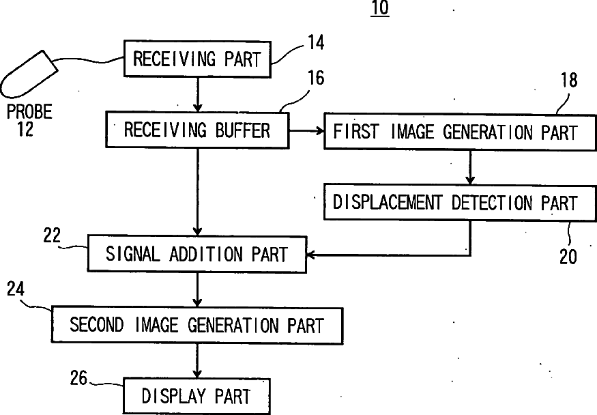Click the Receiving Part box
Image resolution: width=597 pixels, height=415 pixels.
coord(196,59)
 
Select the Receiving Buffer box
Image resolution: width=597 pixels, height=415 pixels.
coord(196,130)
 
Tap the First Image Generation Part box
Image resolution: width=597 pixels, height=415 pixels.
coord(454,132)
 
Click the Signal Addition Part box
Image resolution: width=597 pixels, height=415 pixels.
coord(196,254)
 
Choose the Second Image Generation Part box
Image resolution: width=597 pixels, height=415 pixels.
coord(196,324)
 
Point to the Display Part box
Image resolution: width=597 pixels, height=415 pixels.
coord(196,395)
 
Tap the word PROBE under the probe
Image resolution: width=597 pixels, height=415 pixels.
coord(29,111)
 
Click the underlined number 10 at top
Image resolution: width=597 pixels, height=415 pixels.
coord(379,10)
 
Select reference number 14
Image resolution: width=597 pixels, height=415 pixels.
coord(315,43)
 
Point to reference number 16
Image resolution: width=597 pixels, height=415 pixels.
coord(315,78)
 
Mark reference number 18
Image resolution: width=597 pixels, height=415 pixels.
coord(568,81)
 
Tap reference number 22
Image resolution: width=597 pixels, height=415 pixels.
coord(52,236)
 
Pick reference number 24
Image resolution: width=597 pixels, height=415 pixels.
coord(16,289)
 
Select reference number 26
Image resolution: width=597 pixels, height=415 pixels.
coord(79,377)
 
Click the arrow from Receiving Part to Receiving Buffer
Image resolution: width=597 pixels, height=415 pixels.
coord(196,94)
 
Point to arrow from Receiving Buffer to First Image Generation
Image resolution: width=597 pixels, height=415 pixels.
coord(306,130)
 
